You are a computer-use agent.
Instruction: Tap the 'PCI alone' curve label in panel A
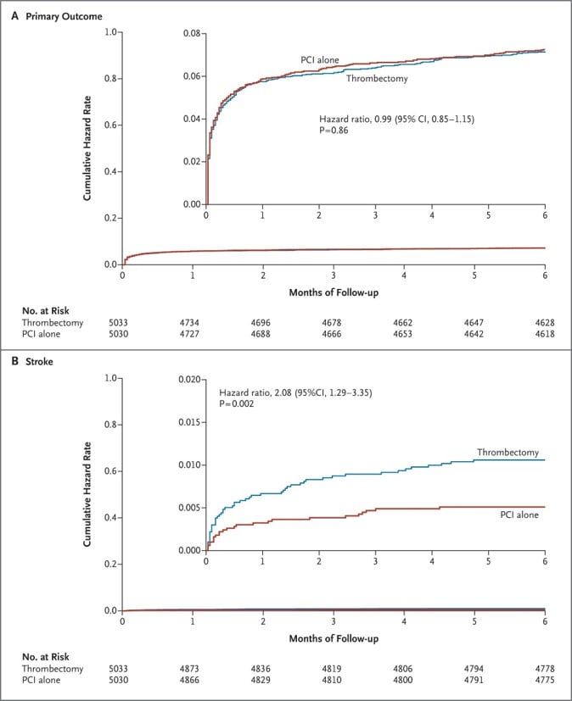click(x=320, y=59)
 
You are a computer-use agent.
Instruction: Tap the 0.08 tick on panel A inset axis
click(x=192, y=34)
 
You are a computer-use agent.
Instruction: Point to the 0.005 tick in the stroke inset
click(x=190, y=508)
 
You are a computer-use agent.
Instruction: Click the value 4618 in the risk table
click(x=544, y=335)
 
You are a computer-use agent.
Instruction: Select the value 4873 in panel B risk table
click(x=193, y=669)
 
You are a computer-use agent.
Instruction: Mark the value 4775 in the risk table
click(x=544, y=681)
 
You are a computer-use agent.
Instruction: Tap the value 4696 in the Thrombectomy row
click(x=263, y=323)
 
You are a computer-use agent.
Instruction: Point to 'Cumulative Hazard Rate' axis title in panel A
click(x=87, y=147)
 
